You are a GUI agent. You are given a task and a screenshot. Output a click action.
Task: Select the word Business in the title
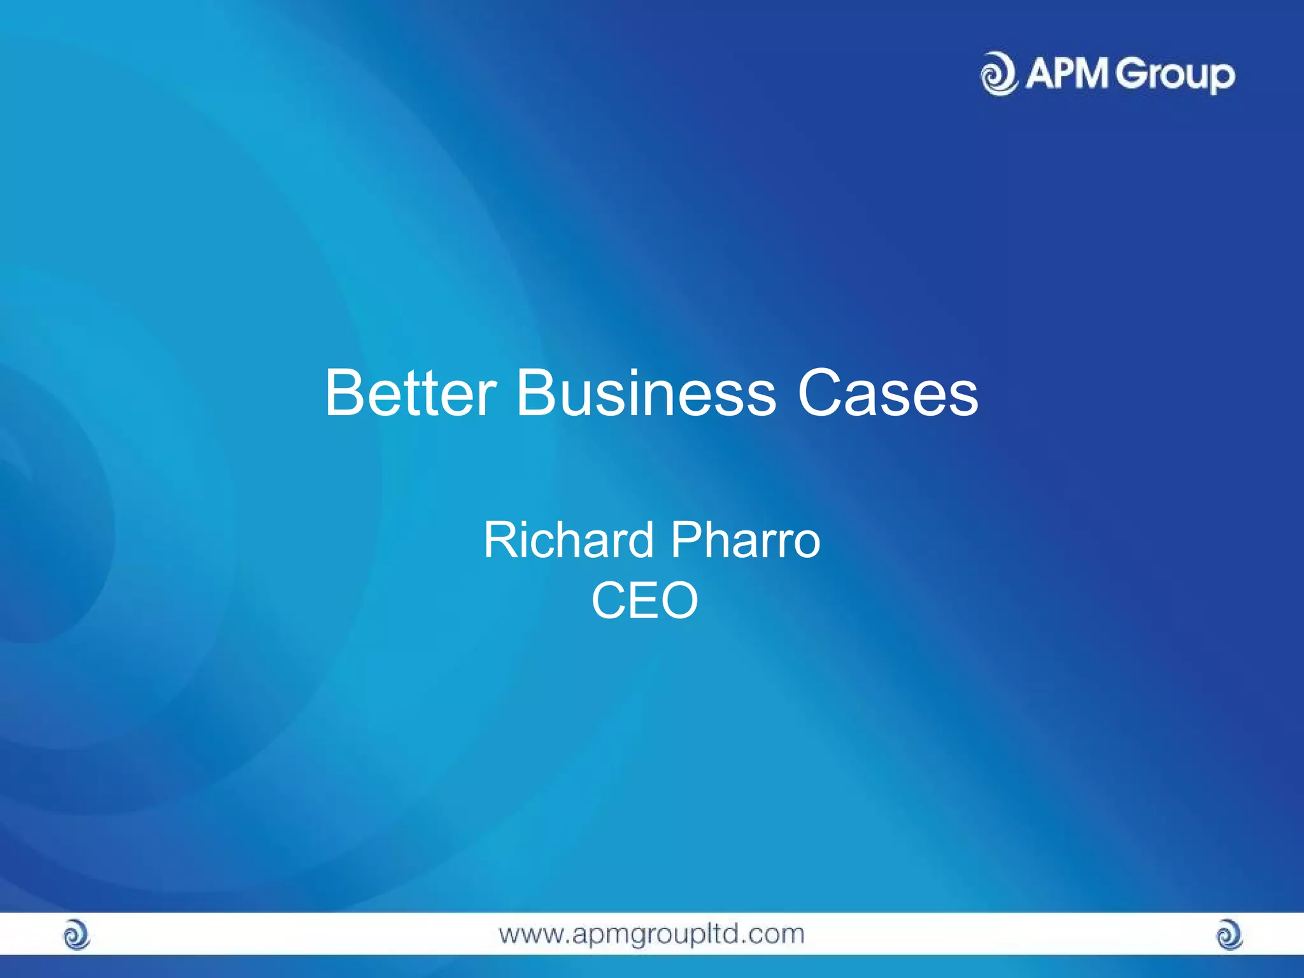point(646,393)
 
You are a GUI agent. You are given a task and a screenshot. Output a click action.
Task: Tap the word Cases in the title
point(888,393)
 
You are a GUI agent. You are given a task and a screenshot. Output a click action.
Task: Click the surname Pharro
point(746,540)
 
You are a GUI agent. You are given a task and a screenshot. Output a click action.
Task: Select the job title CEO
point(645,600)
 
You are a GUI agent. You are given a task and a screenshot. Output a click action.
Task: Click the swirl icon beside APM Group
point(999,74)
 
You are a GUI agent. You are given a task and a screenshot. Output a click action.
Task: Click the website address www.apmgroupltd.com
point(651,934)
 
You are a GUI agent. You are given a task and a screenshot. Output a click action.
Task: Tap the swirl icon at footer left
point(77,935)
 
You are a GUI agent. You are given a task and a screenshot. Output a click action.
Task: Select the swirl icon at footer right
point(1229,935)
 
